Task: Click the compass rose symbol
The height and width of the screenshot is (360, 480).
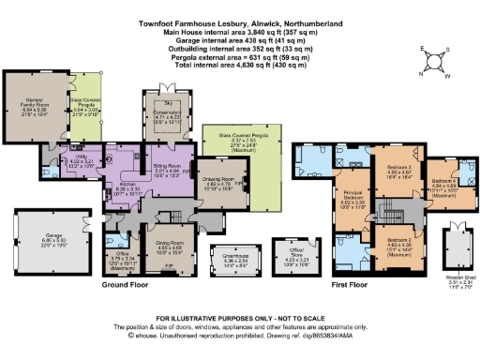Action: [x=432, y=61]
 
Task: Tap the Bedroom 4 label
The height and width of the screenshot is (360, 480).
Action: [x=444, y=181]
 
